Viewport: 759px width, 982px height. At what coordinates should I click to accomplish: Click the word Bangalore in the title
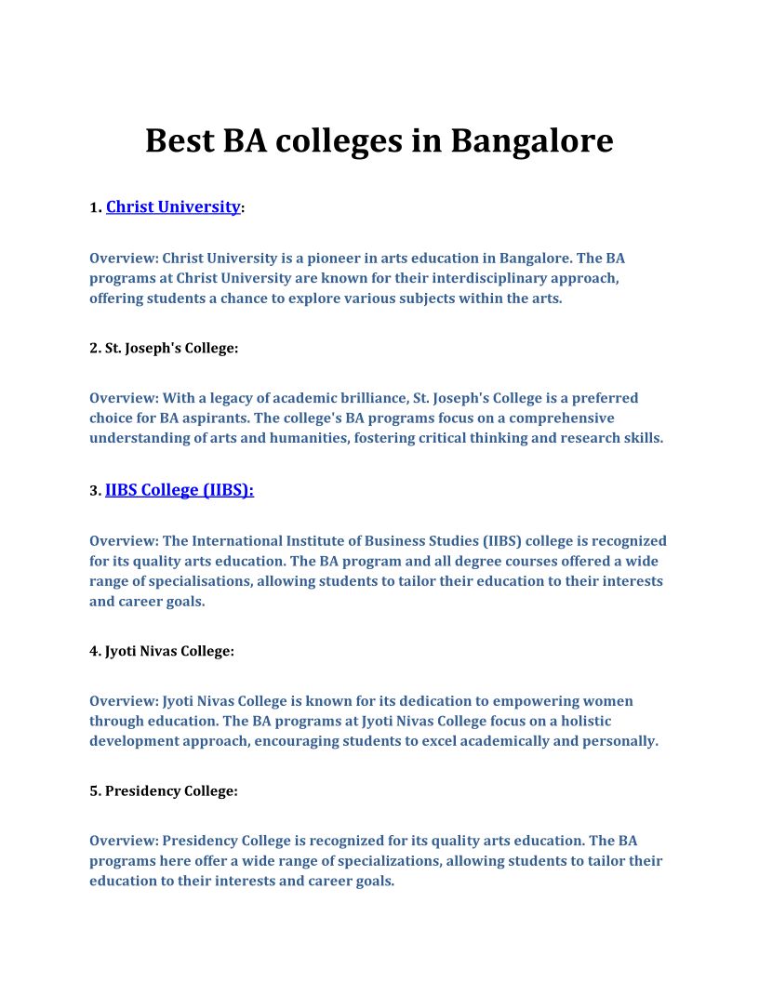click(532, 141)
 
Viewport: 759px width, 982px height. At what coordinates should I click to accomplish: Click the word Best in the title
click(180, 141)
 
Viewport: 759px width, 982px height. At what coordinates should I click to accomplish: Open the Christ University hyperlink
click(173, 207)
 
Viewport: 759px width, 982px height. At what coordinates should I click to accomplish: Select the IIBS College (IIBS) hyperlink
click(179, 490)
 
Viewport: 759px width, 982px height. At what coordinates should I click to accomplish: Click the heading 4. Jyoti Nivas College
click(162, 651)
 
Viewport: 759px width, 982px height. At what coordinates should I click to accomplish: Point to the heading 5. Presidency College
click(164, 790)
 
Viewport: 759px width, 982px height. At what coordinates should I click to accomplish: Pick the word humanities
click(306, 438)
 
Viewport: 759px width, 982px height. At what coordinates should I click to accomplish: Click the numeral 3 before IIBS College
click(94, 491)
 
